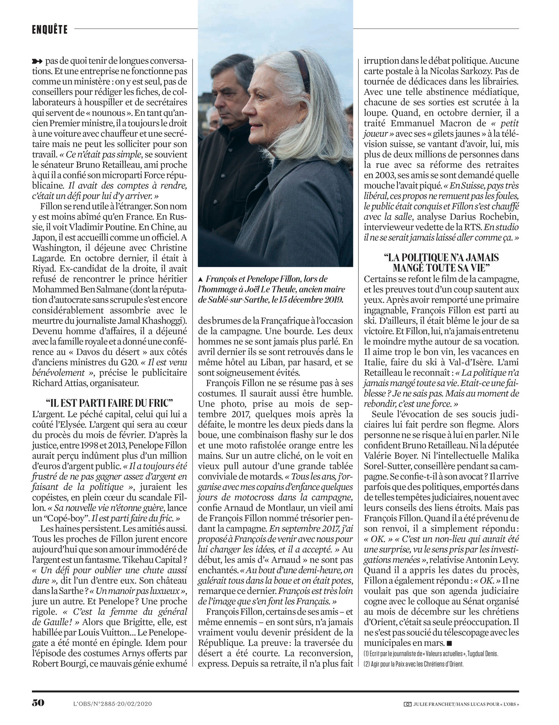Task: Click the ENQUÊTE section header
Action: tap(50, 29)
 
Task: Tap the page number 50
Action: tap(38, 702)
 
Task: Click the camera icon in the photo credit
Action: tap(407, 704)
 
